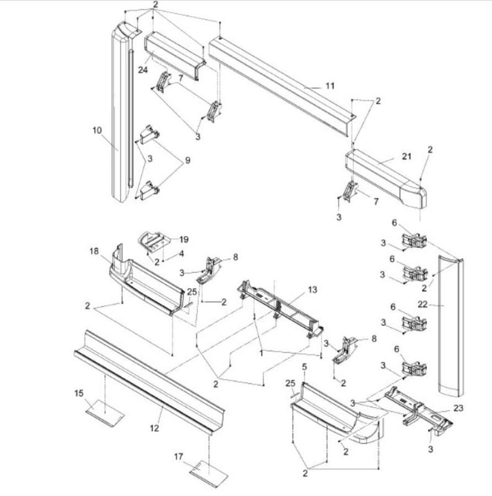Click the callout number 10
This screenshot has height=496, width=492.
tap(98, 130)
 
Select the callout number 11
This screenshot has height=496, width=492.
tap(329, 86)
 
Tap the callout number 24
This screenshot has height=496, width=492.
tap(143, 69)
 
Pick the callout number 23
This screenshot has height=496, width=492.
tap(458, 408)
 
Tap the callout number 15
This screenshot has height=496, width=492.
tap(79, 393)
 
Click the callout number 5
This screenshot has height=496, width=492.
tap(304, 366)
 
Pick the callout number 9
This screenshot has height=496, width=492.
tap(187, 160)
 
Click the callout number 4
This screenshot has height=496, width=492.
tap(180, 254)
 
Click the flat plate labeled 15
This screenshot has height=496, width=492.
tap(105, 412)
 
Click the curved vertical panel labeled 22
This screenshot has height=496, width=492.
tap(452, 331)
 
